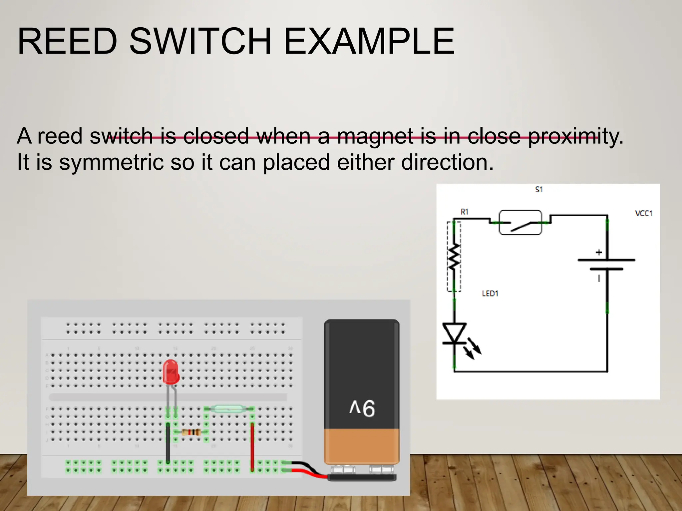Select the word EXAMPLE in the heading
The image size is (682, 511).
369,42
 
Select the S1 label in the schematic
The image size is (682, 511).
539,190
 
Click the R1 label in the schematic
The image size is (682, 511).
465,212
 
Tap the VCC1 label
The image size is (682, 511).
643,213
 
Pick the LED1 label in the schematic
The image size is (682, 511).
490,293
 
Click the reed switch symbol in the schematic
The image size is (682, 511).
520,223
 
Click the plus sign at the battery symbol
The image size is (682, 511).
599,253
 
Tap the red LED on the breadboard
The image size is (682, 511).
171,372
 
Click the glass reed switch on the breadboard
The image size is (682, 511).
229,408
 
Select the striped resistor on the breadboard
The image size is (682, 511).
191,432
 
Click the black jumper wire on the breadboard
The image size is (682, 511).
168,442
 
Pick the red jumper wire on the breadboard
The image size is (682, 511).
252,446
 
